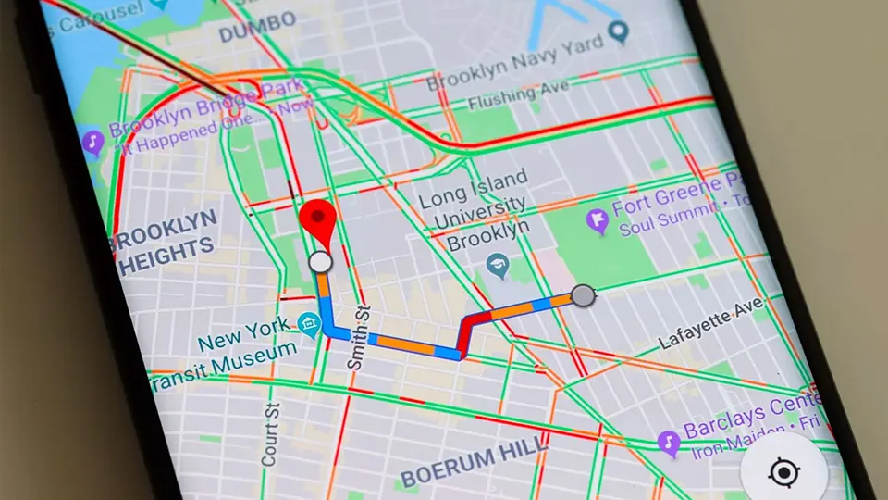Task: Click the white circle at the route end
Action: coord(320,262)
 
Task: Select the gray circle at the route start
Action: coord(582,295)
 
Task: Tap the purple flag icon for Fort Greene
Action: coord(598,220)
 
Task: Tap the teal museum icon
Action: coord(309,324)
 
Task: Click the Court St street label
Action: coord(270,433)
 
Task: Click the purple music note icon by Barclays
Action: coord(668,442)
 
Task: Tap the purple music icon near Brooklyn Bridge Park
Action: coord(92,143)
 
